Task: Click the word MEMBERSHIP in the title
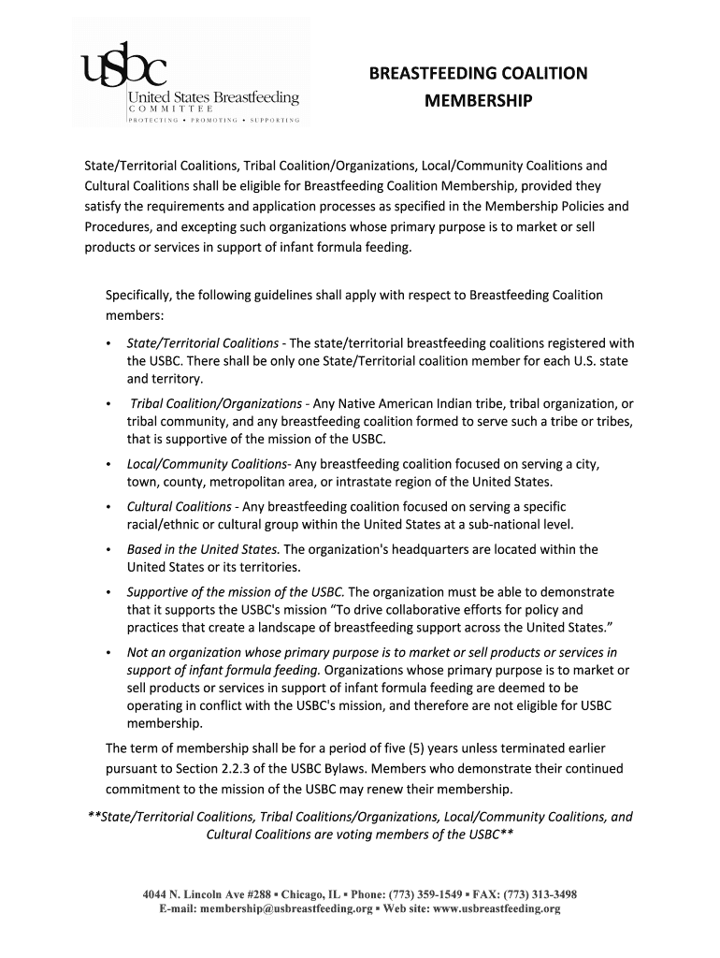478,100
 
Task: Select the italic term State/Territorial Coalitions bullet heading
202,343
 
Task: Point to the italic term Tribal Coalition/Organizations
215,404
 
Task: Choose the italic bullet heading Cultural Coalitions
180,506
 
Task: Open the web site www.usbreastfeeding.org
496,909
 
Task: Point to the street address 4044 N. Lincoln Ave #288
205,894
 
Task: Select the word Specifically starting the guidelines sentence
137,296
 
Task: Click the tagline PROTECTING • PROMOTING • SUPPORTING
214,121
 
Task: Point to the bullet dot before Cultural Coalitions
109,507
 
